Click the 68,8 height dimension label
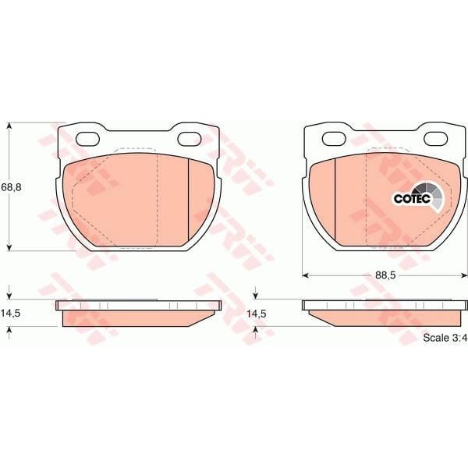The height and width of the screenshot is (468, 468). coord(12,187)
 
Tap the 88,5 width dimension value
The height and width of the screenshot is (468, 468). coord(385,275)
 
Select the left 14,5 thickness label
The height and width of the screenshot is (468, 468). coord(10,313)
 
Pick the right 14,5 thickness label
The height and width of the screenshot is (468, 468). coord(257,314)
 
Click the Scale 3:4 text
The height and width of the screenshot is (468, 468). coord(445,338)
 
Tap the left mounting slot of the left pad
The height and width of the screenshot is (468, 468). coord(87,139)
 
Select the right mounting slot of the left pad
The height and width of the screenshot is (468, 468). coord(189,139)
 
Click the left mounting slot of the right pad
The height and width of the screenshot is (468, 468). coord(334,139)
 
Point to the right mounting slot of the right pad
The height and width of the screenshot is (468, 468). coord(436,139)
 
